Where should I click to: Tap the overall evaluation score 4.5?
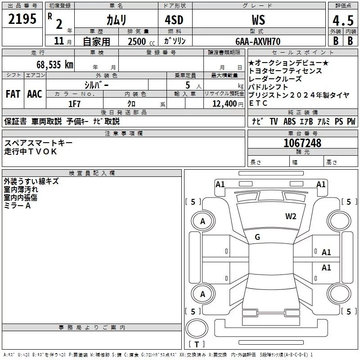click(x=342, y=21)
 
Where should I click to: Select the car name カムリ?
click(x=116, y=20)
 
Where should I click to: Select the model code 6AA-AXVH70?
click(x=258, y=41)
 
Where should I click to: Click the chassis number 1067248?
click(x=302, y=143)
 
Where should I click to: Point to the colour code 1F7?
click(x=75, y=103)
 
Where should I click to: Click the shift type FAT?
click(x=13, y=94)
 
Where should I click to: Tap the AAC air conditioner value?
click(x=35, y=94)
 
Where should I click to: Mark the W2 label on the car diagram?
click(x=291, y=216)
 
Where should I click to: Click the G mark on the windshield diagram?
click(x=257, y=237)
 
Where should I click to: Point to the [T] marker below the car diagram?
click(x=198, y=345)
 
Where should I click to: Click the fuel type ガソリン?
click(x=174, y=41)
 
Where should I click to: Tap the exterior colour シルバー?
click(x=97, y=85)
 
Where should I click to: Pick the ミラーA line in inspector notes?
click(x=17, y=206)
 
